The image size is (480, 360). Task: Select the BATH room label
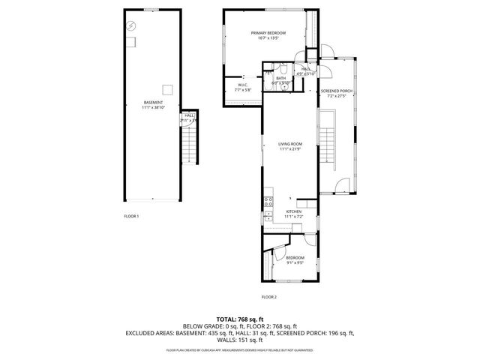pyautogui.click(x=280, y=78)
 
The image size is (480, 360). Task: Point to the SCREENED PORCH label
pyautogui.click(x=336, y=91)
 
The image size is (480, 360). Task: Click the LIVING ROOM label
pyautogui.click(x=289, y=144)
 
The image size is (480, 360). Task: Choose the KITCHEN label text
pyautogui.click(x=294, y=212)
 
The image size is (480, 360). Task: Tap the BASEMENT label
pyautogui.click(x=153, y=103)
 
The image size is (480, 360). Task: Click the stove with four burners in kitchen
pyautogui.click(x=267, y=200)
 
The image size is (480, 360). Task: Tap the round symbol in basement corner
pyautogui.click(x=130, y=25)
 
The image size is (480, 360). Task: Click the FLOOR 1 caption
pyautogui.click(x=131, y=216)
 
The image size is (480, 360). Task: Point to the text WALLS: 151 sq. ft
pyautogui.click(x=239, y=340)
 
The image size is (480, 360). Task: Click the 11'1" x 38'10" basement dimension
pyautogui.click(x=153, y=108)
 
